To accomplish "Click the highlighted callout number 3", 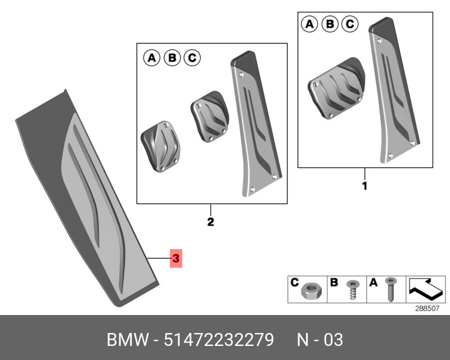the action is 175,259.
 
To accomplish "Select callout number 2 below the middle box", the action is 210,222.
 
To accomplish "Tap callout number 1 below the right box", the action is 364,186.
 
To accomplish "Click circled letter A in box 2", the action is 151,57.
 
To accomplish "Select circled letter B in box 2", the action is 172,57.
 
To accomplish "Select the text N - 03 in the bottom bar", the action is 319,340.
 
